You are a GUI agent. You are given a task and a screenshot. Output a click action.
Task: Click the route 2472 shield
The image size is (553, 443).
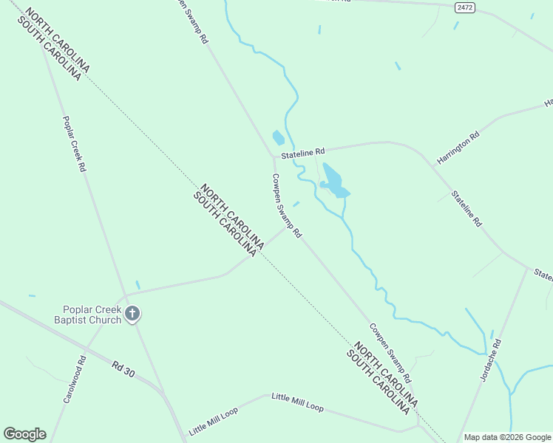click(x=464, y=7)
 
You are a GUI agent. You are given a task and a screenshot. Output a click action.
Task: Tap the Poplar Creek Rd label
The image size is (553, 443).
click(x=75, y=144)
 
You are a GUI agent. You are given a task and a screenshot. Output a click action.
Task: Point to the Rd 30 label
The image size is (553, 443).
click(x=124, y=368)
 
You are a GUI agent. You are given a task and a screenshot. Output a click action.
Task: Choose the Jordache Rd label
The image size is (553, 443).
click(x=491, y=360)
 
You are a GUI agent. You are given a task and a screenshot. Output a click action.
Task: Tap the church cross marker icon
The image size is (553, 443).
click(x=132, y=315)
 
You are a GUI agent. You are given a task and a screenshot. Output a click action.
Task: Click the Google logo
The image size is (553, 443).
click(x=24, y=434)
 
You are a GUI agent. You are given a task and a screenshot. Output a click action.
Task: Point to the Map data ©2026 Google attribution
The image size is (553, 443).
click(x=507, y=437)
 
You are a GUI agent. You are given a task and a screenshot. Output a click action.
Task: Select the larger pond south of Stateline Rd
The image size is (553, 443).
click(x=333, y=182)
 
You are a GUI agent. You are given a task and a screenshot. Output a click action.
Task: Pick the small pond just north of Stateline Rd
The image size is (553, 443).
click(x=278, y=138)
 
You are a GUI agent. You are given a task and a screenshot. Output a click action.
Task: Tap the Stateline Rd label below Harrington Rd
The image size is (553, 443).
click(x=467, y=208)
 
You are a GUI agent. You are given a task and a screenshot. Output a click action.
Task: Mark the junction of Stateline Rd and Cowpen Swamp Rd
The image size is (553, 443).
click(x=274, y=157)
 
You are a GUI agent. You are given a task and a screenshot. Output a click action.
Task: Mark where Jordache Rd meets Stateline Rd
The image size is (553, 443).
click(x=528, y=268)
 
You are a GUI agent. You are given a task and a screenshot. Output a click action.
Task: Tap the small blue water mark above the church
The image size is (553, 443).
click(x=138, y=284)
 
